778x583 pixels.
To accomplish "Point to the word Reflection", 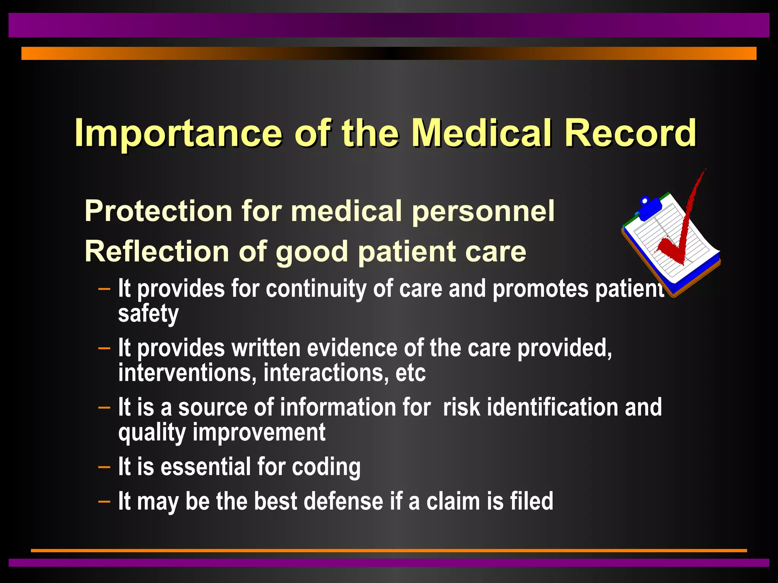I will (157, 251).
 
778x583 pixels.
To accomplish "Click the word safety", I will (148, 314).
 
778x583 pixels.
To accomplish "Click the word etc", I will (410, 373).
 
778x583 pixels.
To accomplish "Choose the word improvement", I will (259, 432).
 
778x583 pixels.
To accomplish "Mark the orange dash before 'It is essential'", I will (104, 467).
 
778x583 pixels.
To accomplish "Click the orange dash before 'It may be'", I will (104, 501).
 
